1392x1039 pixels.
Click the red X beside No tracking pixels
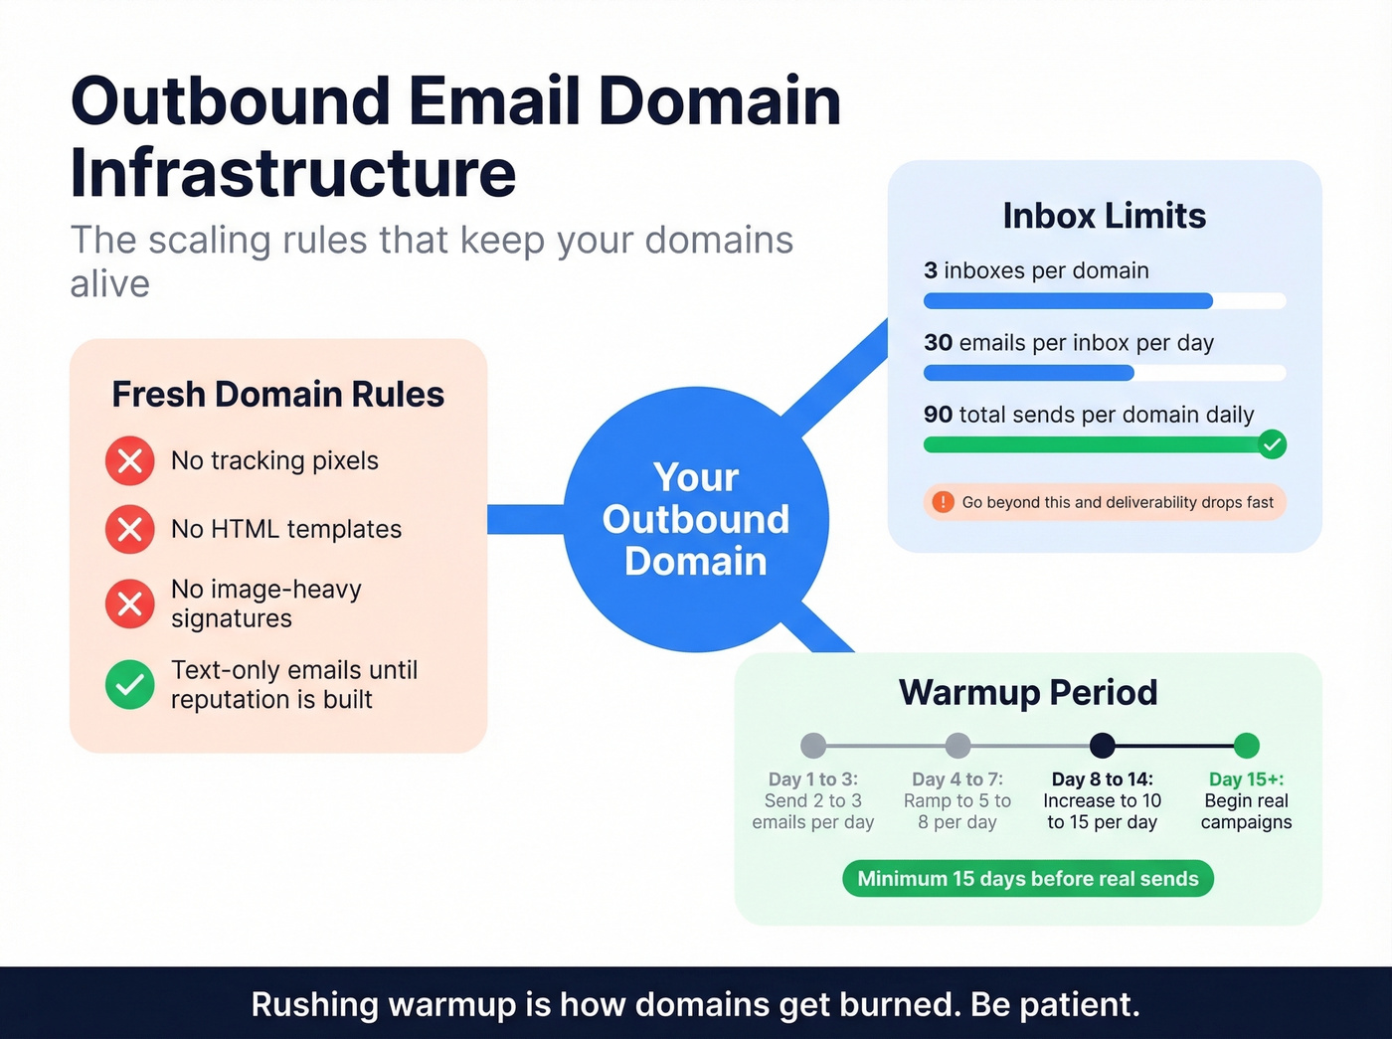pyautogui.click(x=130, y=461)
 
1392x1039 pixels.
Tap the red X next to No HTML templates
pyautogui.click(x=130, y=529)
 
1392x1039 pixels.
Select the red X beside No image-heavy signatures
pyautogui.click(x=130, y=604)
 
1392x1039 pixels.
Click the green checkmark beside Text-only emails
pyautogui.click(x=130, y=684)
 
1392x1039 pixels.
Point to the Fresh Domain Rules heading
pyautogui.click(x=277, y=395)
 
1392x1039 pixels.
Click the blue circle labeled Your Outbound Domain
pyautogui.click(x=696, y=519)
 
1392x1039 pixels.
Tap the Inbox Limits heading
pyautogui.click(x=1104, y=216)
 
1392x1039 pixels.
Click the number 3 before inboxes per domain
pyautogui.click(x=931, y=270)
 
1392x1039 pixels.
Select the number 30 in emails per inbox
pyautogui.click(x=938, y=343)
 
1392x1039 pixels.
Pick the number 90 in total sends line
pyautogui.click(x=938, y=415)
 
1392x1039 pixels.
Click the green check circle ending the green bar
pyautogui.click(x=1272, y=444)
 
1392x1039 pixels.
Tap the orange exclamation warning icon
pyautogui.click(x=943, y=502)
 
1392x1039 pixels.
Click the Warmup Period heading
pyautogui.click(x=1028, y=692)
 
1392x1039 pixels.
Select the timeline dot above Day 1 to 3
pyautogui.click(x=813, y=746)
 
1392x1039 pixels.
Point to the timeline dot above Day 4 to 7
pyautogui.click(x=957, y=746)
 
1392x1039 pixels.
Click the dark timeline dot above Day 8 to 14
pyautogui.click(x=1102, y=746)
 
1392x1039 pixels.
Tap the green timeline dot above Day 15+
pyautogui.click(x=1246, y=746)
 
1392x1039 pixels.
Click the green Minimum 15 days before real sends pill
pyautogui.click(x=1028, y=879)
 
